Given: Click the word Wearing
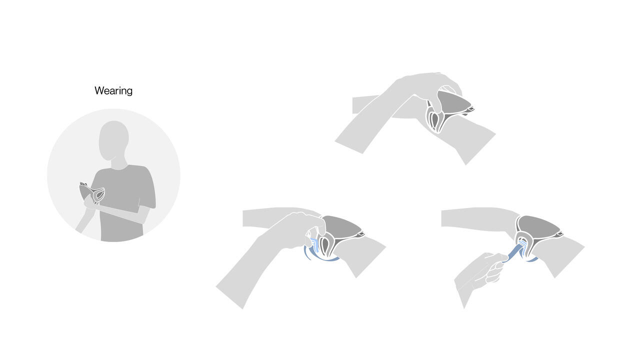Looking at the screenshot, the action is click(113, 91).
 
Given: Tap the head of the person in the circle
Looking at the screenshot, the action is click(113, 140).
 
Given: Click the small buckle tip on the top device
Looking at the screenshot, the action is click(471, 109).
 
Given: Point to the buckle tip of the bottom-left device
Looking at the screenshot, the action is click(361, 233).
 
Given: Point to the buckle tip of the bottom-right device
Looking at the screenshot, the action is click(560, 234).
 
